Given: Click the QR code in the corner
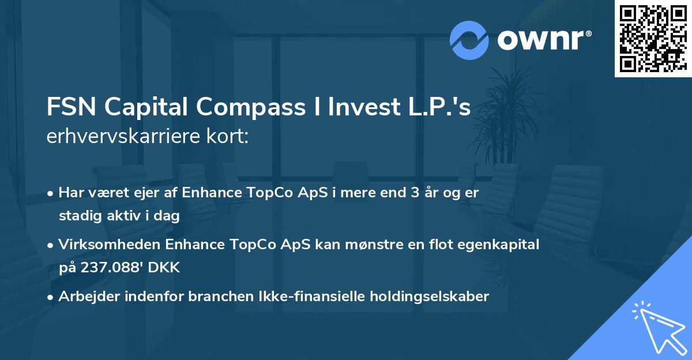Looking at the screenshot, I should coord(653,38).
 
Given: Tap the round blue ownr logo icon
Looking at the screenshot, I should coord(469,40).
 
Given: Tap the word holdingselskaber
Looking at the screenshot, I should coord(434,297).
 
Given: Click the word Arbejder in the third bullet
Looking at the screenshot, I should coord(86,297).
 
